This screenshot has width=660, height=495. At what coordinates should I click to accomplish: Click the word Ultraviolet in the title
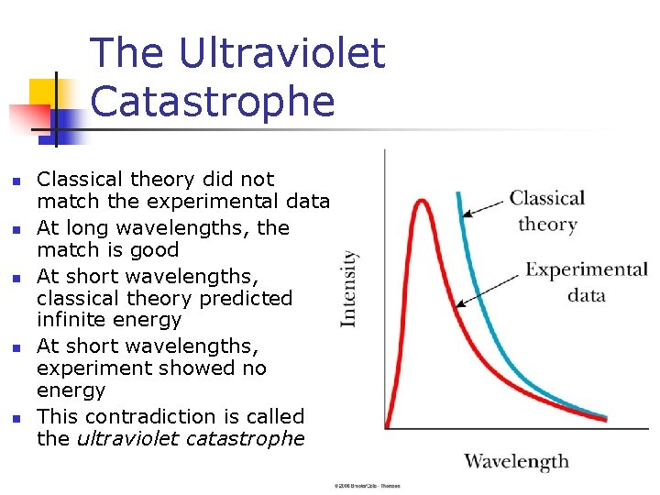[282, 53]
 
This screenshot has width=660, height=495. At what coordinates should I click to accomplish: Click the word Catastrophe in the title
[213, 102]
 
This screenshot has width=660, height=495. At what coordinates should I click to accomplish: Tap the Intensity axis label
[349, 288]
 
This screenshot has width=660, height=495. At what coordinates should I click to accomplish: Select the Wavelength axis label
[516, 461]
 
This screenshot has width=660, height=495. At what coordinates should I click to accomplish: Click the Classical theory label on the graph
[547, 211]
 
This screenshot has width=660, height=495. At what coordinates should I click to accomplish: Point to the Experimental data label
[586, 281]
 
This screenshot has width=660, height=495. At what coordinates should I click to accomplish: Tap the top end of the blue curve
[457, 193]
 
